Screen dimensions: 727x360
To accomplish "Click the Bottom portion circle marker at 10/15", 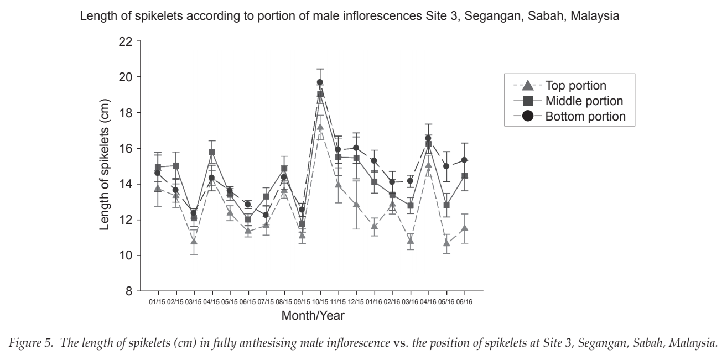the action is tap(320, 82).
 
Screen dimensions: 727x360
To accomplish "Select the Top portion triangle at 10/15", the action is tap(320, 127).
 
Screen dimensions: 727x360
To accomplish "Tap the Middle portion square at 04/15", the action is tap(212, 152).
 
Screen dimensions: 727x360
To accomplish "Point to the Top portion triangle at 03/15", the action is tap(194, 241).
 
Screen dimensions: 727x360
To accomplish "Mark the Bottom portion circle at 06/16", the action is tap(464, 160).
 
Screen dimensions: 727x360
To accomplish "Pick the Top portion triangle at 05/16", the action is tap(446, 243).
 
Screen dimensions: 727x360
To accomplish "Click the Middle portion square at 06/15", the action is tap(248, 220).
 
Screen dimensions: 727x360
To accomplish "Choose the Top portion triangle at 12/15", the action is tap(356, 204).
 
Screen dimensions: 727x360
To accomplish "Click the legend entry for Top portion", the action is tap(560, 85).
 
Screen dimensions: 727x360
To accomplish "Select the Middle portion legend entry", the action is tap(568, 101).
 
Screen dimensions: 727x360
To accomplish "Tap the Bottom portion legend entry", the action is tap(569, 116).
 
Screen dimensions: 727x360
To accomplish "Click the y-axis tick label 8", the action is tap(129, 291).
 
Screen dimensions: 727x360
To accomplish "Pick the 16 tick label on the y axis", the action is tap(126, 149).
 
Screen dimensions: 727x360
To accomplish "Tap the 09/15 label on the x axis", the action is tap(302, 302).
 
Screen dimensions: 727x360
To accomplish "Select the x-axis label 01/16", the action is tap(374, 302).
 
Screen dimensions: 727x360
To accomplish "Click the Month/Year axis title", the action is tap(313, 315).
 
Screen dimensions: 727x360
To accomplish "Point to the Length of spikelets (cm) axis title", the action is tap(105, 165).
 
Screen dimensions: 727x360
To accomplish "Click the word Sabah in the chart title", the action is tap(547, 15).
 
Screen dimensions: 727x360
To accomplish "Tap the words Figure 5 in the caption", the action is tap(31, 343).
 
